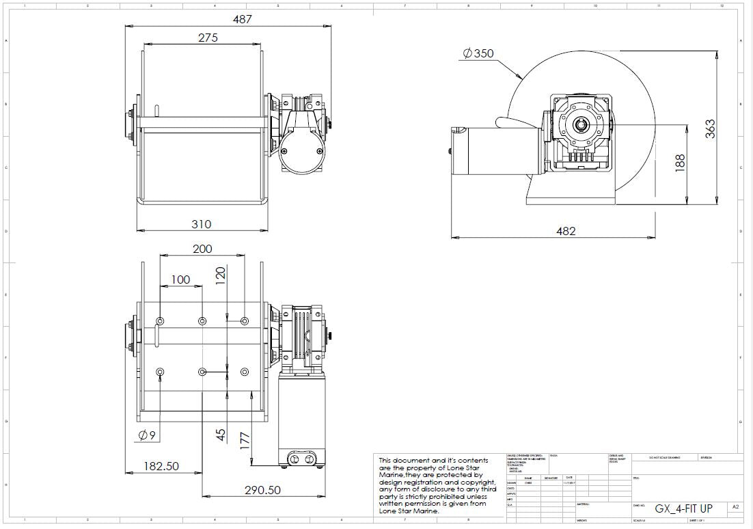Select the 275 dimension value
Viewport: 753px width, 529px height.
(208, 38)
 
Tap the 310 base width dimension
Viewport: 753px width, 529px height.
(201, 223)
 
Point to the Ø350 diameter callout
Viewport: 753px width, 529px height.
(478, 53)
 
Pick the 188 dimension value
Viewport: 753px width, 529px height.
(679, 163)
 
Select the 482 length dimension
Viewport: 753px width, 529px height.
(566, 231)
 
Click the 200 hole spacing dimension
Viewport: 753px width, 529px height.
(202, 249)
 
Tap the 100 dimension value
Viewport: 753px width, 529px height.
(180, 280)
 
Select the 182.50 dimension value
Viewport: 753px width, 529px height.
(161, 466)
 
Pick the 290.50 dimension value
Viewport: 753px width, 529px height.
(262, 490)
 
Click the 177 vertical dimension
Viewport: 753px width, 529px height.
(245, 441)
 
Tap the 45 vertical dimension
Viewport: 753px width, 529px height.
(220, 435)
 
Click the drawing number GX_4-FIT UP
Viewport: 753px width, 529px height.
(683, 508)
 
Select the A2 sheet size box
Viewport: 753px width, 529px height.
(735, 507)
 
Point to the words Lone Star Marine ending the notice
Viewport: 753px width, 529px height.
(409, 511)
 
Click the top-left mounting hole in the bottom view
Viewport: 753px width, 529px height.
(160, 321)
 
